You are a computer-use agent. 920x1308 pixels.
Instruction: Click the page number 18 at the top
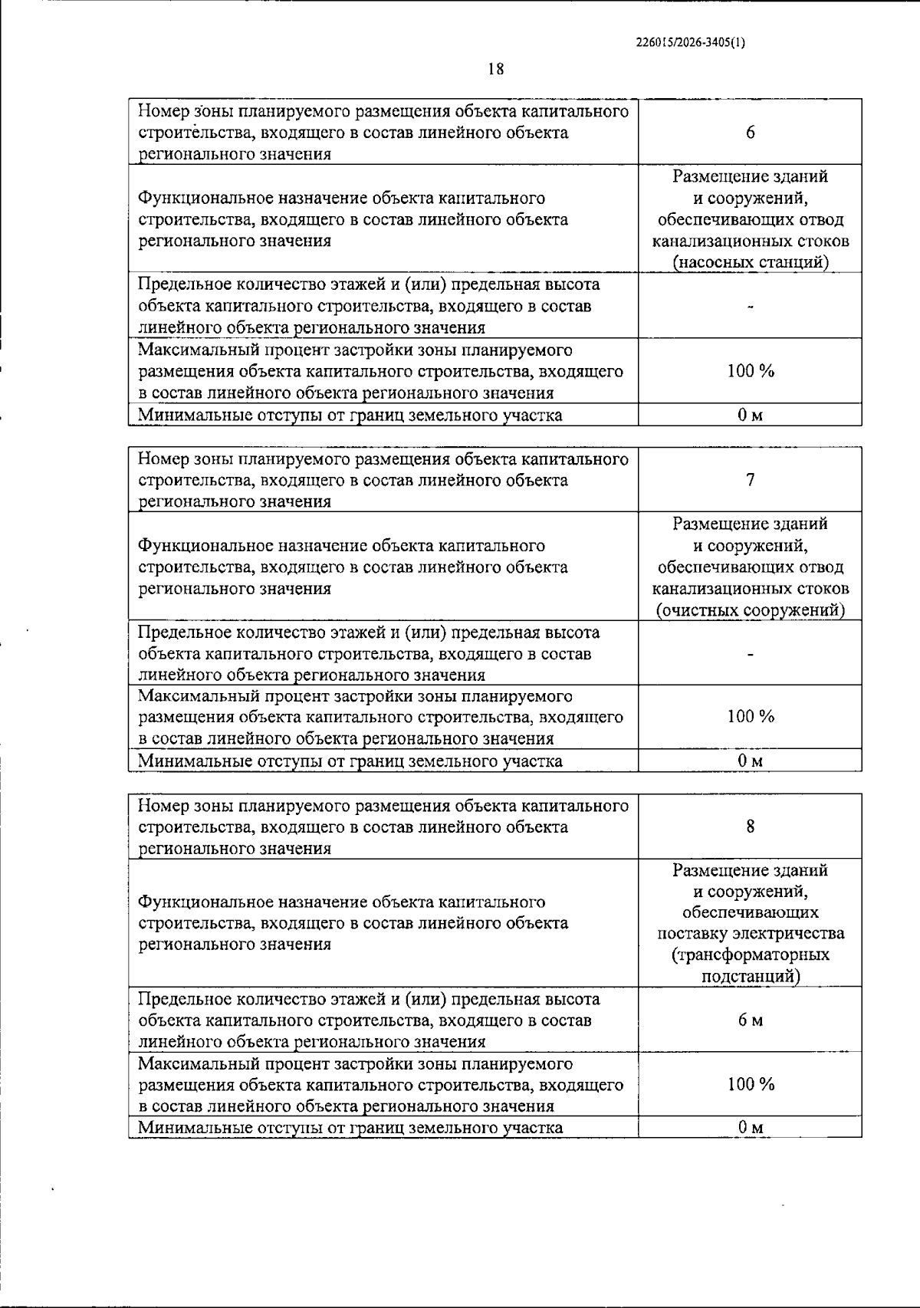tap(496, 69)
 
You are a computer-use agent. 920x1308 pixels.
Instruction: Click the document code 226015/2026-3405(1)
tap(690, 43)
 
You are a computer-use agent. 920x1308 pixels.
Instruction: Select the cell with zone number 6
tap(750, 133)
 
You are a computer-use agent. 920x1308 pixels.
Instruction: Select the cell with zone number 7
tap(750, 480)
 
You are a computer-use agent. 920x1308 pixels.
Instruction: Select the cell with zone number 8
tap(750, 827)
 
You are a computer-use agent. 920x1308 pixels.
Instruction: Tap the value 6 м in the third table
tap(750, 1020)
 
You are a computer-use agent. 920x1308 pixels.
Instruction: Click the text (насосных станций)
tap(750, 262)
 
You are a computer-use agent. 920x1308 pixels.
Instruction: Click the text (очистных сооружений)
tap(750, 610)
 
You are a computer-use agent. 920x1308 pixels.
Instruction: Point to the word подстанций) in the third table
tap(751, 977)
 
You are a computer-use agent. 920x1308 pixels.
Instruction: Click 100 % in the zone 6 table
tap(750, 371)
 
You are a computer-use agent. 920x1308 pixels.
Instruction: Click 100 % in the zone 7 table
tap(750, 717)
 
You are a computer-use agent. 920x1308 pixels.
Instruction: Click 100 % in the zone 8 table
tap(750, 1084)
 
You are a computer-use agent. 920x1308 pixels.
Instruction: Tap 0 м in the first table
tap(750, 416)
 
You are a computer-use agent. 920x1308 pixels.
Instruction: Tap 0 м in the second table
tap(750, 761)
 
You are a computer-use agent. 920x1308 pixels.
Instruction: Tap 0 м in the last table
tap(750, 1127)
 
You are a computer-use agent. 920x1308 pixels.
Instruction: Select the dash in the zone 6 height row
tap(751, 307)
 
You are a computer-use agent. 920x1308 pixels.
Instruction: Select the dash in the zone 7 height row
tap(751, 654)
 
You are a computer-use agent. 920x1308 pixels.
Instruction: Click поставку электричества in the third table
tap(751, 934)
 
